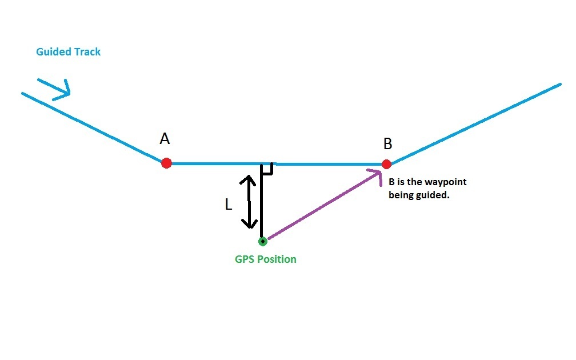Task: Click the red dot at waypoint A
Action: click(166, 163)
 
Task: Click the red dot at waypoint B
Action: click(386, 164)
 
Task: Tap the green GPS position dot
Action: click(262, 241)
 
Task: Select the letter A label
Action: click(165, 139)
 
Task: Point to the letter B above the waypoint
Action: click(388, 143)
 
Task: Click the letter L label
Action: click(229, 205)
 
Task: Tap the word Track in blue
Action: click(87, 52)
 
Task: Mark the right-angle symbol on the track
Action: click(267, 168)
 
